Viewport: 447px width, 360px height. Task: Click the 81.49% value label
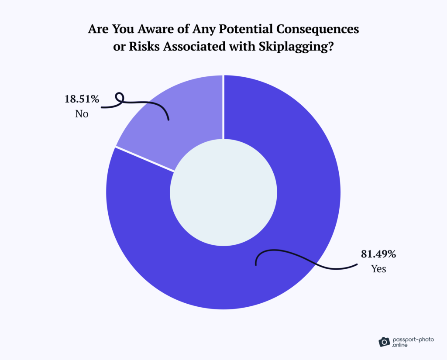tap(378, 254)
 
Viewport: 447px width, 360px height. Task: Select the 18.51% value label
tap(82, 99)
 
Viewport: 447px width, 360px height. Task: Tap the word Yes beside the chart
tap(378, 269)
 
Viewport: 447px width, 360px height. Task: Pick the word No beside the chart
tap(82, 114)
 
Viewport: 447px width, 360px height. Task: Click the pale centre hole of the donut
tap(223, 192)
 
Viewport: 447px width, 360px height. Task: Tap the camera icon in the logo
tap(384, 341)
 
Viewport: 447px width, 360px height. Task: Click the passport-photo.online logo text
tap(410, 341)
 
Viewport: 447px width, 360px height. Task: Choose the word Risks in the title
tap(144, 46)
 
